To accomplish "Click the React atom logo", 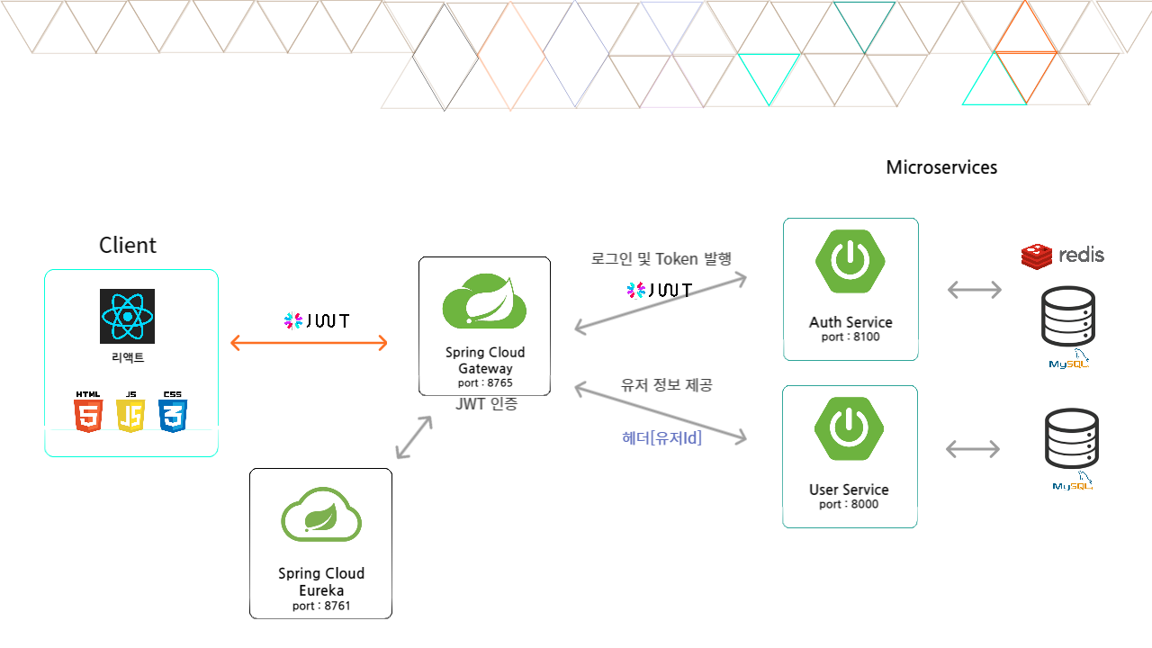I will point(127,316).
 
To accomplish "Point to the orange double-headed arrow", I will point(310,343).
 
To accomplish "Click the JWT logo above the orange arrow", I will point(316,320).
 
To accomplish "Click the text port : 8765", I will point(484,382).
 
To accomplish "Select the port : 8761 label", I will point(321,606).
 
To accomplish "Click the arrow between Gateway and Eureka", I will point(414,438).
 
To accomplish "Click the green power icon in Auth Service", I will point(849,260).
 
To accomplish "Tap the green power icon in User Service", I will point(849,427).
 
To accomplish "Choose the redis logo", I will point(1063,256).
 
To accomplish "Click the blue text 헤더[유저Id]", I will point(661,438).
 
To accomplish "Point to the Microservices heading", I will point(941,167).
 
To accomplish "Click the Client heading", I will point(128,245).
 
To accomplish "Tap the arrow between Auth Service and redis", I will point(975,290).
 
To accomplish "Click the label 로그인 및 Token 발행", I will point(661,258).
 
